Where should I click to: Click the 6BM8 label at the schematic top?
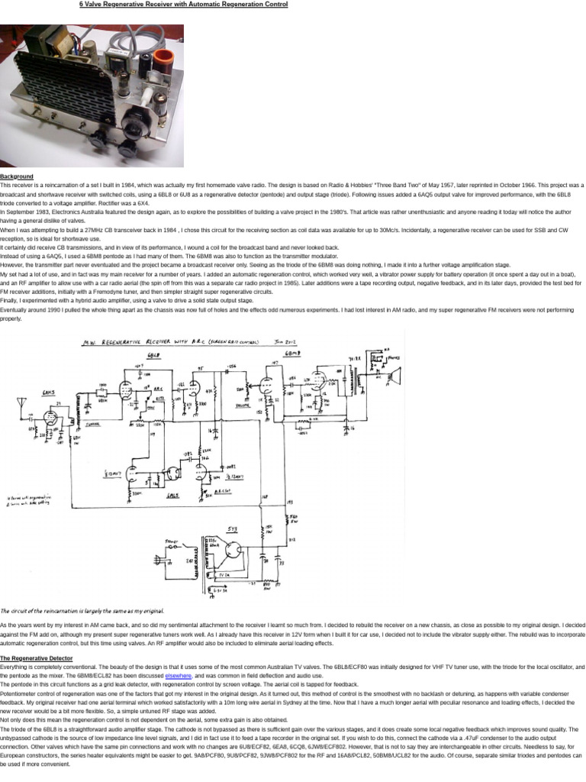point(292,354)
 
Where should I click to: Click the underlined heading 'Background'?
point(17,176)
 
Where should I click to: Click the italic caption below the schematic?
point(82,610)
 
